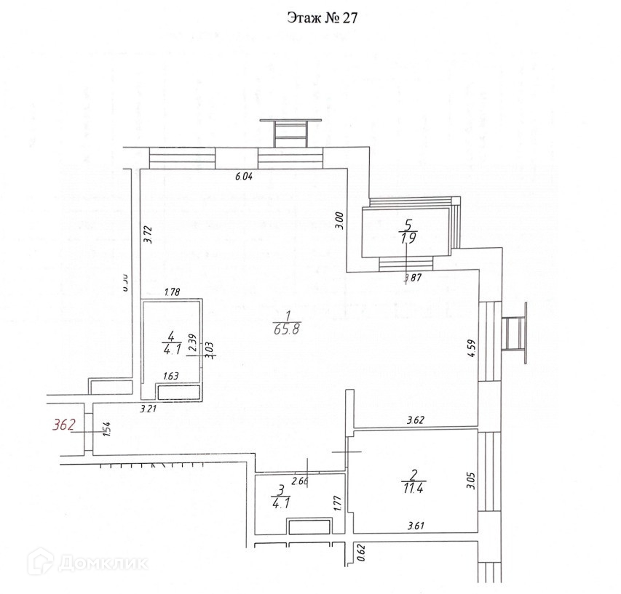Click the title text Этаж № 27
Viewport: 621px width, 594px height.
coord(320,17)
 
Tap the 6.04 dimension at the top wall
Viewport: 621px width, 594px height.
coord(243,175)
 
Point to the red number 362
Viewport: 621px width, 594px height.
coord(64,425)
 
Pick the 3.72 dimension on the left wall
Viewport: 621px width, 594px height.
coord(148,234)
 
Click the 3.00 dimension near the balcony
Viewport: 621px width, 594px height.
coord(338,220)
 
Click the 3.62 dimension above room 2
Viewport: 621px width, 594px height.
coord(415,420)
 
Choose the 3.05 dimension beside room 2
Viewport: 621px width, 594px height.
coord(470,481)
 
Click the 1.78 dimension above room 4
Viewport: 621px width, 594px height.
coord(173,293)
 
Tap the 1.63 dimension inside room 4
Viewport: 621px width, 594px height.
coord(172,375)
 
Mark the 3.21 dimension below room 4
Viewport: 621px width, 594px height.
coord(149,409)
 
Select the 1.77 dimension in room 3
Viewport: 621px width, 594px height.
coord(337,504)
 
